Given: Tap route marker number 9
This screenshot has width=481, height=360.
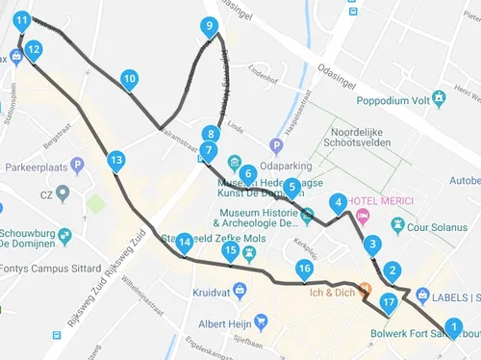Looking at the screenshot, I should tap(210, 26).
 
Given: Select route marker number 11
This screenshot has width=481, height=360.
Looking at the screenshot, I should tap(21, 18).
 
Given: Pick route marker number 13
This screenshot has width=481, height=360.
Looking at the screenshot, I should tap(116, 160).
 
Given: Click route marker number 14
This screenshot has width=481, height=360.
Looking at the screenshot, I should tap(184, 242).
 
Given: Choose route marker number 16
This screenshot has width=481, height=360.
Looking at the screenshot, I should tap(304, 269).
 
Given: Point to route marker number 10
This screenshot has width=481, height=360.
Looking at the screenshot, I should tap(129, 79).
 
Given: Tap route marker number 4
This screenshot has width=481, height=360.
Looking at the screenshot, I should tap(337, 202).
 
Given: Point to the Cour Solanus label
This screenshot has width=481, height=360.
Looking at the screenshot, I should tap(442, 227).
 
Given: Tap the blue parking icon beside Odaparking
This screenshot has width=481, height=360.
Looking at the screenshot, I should tap(275, 146).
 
